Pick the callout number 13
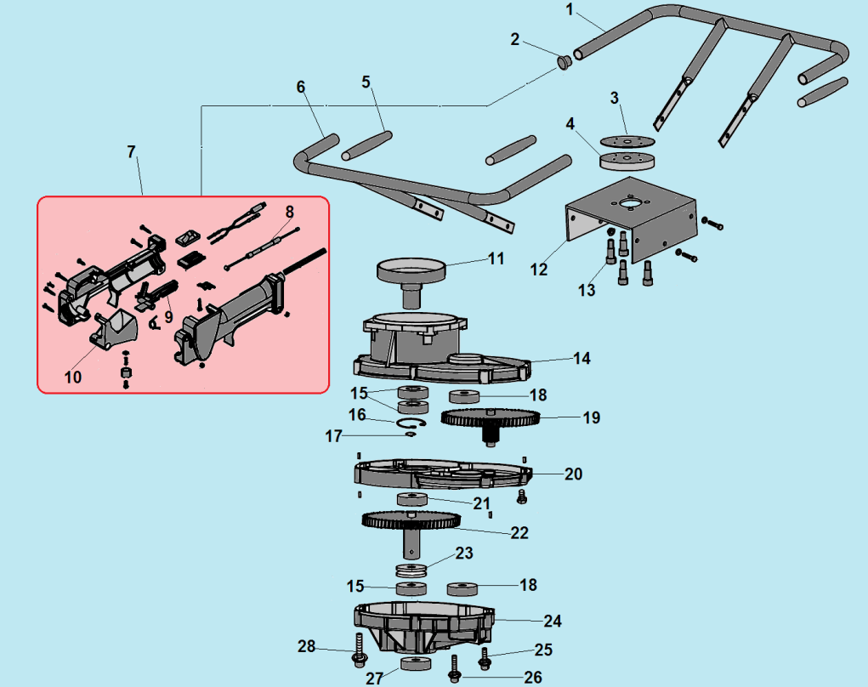click(587, 291)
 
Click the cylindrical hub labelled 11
click(411, 275)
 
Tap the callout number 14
click(582, 358)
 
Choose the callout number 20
click(574, 474)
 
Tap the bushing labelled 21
click(412, 498)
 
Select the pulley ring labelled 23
click(411, 570)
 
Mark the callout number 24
click(553, 620)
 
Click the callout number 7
click(131, 151)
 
